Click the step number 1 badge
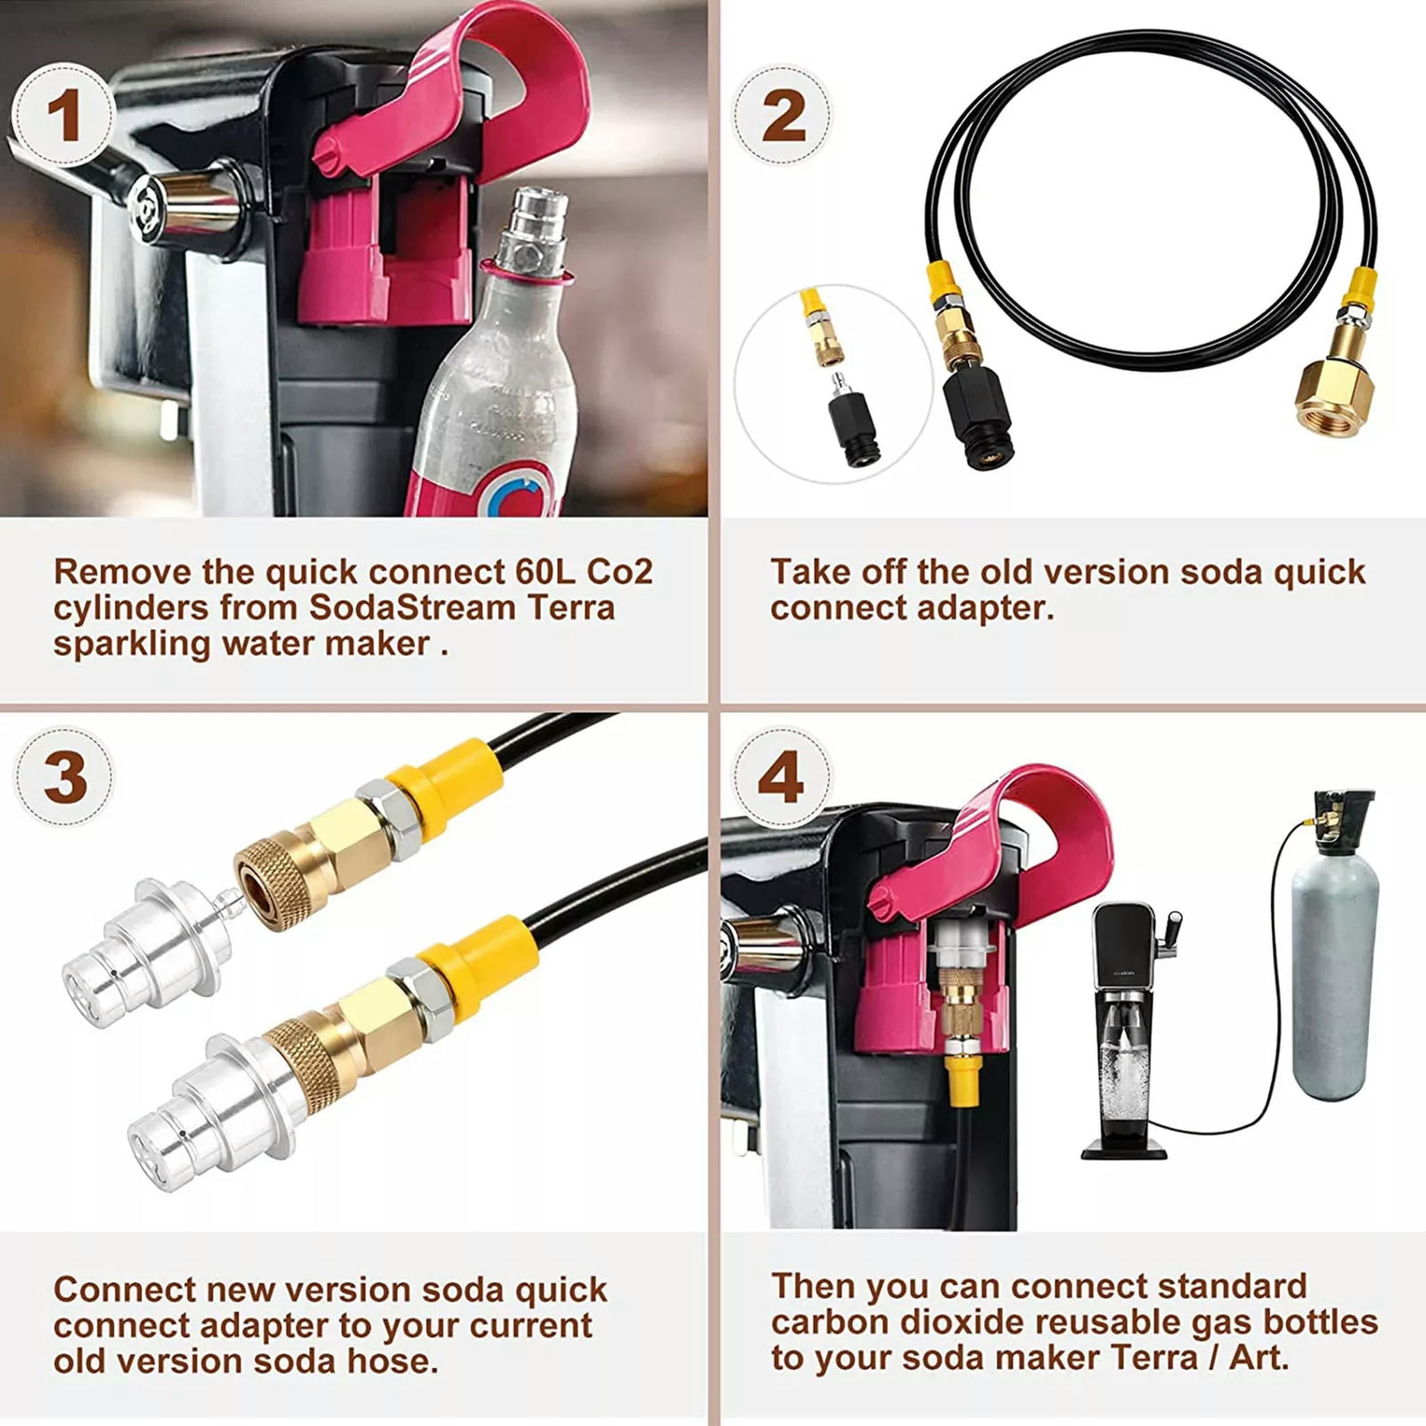pyautogui.click(x=65, y=118)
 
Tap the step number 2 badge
pyautogui.click(x=783, y=118)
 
